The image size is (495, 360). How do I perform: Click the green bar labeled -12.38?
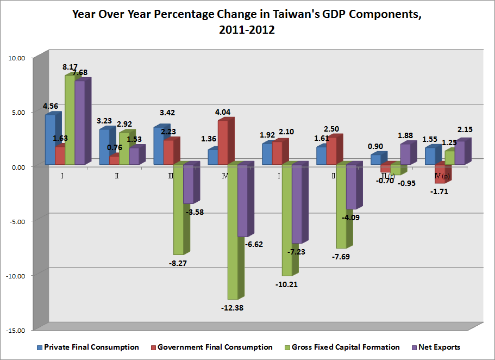tap(233, 231)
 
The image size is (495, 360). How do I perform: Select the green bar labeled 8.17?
tap(70, 120)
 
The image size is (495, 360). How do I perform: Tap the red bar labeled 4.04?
tap(223, 142)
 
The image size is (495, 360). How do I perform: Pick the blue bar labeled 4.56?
tap(50, 139)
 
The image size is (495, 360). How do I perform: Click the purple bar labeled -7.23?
tap(297, 203)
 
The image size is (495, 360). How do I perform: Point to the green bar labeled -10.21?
tap(287, 220)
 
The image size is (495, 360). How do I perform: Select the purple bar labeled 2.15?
tap(460, 152)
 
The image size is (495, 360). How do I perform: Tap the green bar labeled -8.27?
tap(179, 209)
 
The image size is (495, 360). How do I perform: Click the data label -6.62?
tap(254, 244)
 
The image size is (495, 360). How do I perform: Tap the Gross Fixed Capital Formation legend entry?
tap(345, 347)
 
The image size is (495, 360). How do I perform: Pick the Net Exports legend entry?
tap(440, 347)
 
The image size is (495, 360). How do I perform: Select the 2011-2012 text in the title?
tap(247, 30)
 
